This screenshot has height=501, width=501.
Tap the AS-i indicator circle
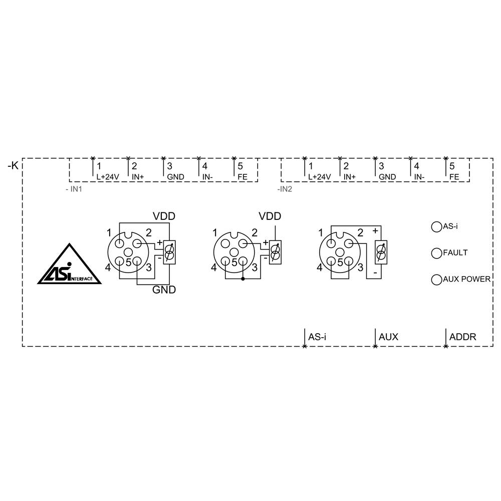436,226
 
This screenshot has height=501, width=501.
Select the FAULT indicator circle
436,253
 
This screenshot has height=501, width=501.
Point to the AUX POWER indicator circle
436,279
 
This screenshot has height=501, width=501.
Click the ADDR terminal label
462,337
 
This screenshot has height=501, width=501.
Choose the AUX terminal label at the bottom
388,337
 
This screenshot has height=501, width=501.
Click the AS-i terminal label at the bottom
318,337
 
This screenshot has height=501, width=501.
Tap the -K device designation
13,165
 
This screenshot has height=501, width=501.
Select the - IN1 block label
74,190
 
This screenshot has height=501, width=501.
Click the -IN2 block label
285,190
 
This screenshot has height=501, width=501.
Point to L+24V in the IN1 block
107,177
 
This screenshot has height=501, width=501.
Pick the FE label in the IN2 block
454,177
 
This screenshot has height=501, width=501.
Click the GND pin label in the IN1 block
175,177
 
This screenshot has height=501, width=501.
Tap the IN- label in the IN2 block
419,177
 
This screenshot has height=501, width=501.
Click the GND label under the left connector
164,290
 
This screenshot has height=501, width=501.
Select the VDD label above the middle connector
270,216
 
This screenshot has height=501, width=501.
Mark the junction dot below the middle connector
243,279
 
